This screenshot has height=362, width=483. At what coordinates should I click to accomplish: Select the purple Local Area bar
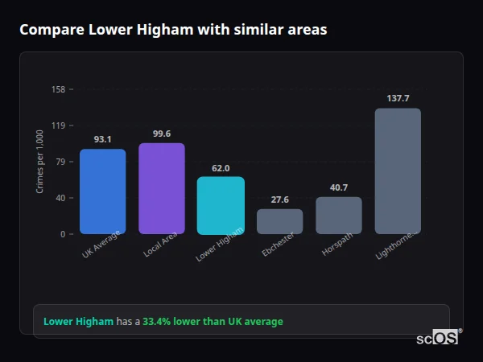click(162, 189)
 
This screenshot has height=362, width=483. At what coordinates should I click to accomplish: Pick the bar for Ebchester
click(279, 221)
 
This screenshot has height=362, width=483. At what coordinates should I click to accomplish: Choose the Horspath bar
click(339, 216)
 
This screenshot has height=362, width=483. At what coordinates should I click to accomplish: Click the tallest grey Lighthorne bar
click(398, 171)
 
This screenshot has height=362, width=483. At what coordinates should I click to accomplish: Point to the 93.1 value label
click(102, 139)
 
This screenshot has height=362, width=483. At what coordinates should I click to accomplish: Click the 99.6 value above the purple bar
click(162, 134)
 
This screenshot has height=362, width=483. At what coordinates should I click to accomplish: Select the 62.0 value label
click(221, 168)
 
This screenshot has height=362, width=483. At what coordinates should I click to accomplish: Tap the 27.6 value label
click(279, 200)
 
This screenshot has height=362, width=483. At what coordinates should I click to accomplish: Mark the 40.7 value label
click(339, 187)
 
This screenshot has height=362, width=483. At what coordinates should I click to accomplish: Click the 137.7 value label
click(398, 98)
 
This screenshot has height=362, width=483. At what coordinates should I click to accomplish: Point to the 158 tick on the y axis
click(58, 89)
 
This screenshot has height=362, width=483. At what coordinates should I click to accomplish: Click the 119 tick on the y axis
click(58, 125)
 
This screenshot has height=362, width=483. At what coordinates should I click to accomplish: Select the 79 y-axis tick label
click(60, 162)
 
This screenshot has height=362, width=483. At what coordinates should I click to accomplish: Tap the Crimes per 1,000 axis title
click(39, 162)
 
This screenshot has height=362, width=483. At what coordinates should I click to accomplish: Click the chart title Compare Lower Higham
click(173, 30)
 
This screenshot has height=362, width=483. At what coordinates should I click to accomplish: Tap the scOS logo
click(437, 338)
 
